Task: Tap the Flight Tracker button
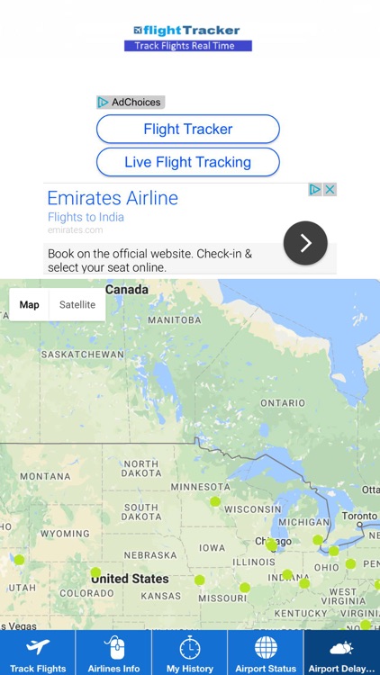187,130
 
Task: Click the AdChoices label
131,103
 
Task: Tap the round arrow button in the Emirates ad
305,242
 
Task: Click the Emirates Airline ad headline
113,198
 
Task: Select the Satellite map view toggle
77,304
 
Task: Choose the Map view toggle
30,304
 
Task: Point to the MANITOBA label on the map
174,320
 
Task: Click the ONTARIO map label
282,403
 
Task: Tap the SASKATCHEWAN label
82,355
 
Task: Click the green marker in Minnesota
215,501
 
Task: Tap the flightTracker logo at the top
187,31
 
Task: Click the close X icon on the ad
330,190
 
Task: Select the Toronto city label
360,517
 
